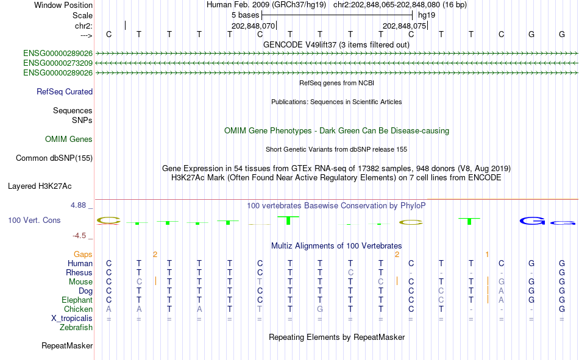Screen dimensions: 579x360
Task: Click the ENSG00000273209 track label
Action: [58, 63]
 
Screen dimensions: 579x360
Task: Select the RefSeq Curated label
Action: [65, 91]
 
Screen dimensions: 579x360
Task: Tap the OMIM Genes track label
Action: [69, 139]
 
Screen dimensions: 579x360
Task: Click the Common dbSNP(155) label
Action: [54, 158]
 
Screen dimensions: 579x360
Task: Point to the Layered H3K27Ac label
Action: [40, 186]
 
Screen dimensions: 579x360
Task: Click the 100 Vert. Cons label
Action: [34, 221]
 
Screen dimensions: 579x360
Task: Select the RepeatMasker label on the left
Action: [67, 346]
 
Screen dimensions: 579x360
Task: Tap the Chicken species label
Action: [78, 309]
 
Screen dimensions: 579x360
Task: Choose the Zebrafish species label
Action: [76, 328]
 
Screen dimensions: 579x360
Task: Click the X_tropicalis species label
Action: [72, 319]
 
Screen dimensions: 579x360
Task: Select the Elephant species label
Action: [77, 300]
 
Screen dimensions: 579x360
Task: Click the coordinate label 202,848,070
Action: [254, 26]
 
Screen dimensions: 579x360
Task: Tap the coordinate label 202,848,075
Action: [404, 26]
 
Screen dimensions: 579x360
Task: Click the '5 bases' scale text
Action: [246, 15]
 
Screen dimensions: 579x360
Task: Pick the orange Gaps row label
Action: [83, 255]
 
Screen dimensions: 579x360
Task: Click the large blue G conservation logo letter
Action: [532, 221]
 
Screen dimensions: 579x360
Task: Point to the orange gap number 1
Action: [488, 255]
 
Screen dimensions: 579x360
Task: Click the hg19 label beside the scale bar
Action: [427, 15]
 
